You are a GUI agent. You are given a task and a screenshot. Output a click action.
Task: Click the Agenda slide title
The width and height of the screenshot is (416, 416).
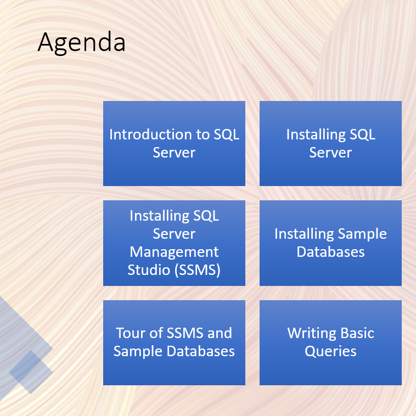81,42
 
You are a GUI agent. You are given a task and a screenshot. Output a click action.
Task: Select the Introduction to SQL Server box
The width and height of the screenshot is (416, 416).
174,143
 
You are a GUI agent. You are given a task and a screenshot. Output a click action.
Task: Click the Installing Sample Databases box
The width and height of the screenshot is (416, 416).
330,243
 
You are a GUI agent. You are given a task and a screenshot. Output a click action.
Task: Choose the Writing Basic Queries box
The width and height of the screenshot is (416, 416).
330,342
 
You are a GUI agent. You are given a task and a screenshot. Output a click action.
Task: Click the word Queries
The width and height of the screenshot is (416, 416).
330,352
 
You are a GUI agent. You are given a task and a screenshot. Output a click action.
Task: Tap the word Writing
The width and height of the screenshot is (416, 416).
312,333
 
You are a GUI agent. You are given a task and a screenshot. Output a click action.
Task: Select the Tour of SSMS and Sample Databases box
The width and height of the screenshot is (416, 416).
174,342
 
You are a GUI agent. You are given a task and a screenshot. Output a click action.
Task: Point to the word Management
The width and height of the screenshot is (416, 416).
174,252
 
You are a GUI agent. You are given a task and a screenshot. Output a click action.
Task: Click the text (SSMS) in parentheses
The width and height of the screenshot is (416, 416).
197,270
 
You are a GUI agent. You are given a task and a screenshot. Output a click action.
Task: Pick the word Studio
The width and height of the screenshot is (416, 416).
149,270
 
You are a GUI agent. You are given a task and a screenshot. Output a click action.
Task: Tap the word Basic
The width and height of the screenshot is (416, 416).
357,333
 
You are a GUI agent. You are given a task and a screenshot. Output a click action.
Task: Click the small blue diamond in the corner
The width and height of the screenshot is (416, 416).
31,372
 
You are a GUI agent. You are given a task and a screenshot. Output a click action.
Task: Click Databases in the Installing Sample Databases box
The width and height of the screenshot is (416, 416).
330,252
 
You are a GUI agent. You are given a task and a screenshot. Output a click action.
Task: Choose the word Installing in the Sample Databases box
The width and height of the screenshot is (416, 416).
304,234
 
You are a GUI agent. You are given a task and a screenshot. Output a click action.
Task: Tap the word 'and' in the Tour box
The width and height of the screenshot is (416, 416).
220,333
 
